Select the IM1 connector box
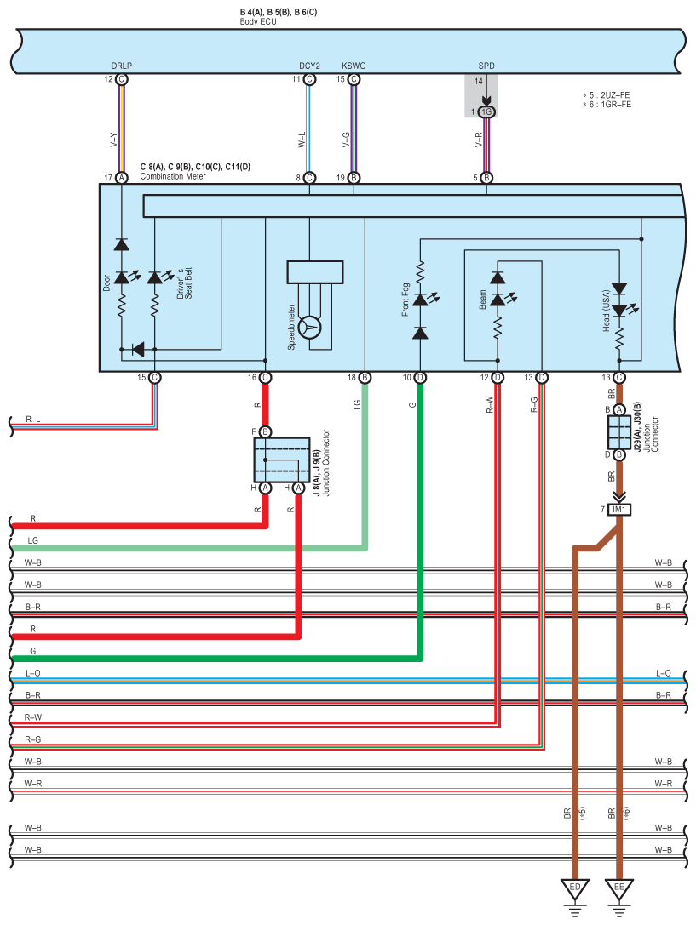[618, 509]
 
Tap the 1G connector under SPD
[486, 111]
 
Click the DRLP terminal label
[122, 66]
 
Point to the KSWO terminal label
[354, 66]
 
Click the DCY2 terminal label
[309, 66]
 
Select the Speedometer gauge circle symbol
[309, 328]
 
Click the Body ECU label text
[258, 22]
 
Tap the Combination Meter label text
[173, 176]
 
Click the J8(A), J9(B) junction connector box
[282, 460]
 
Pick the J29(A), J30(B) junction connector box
[618, 432]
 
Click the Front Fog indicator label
[406, 300]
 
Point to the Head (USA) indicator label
[606, 311]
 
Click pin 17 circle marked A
[121, 178]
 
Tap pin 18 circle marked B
[365, 378]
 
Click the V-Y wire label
[113, 140]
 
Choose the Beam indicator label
[483, 300]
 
